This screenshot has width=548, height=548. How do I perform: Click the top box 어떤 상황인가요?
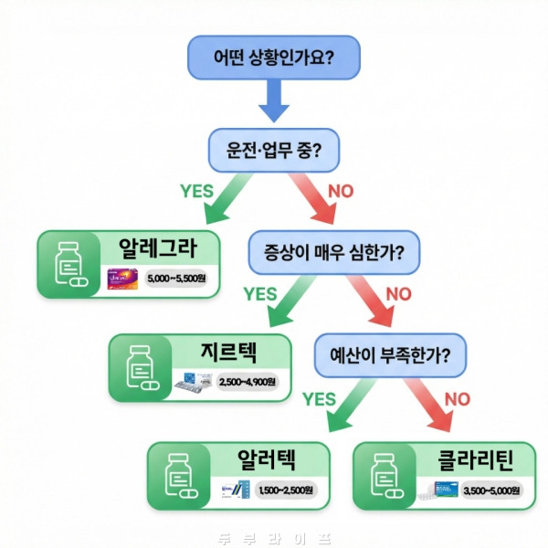click(x=273, y=58)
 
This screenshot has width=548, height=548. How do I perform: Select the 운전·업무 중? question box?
click(x=273, y=149)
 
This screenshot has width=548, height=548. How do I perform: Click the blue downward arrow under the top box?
click(x=273, y=102)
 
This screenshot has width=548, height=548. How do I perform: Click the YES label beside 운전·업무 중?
click(x=197, y=192)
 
